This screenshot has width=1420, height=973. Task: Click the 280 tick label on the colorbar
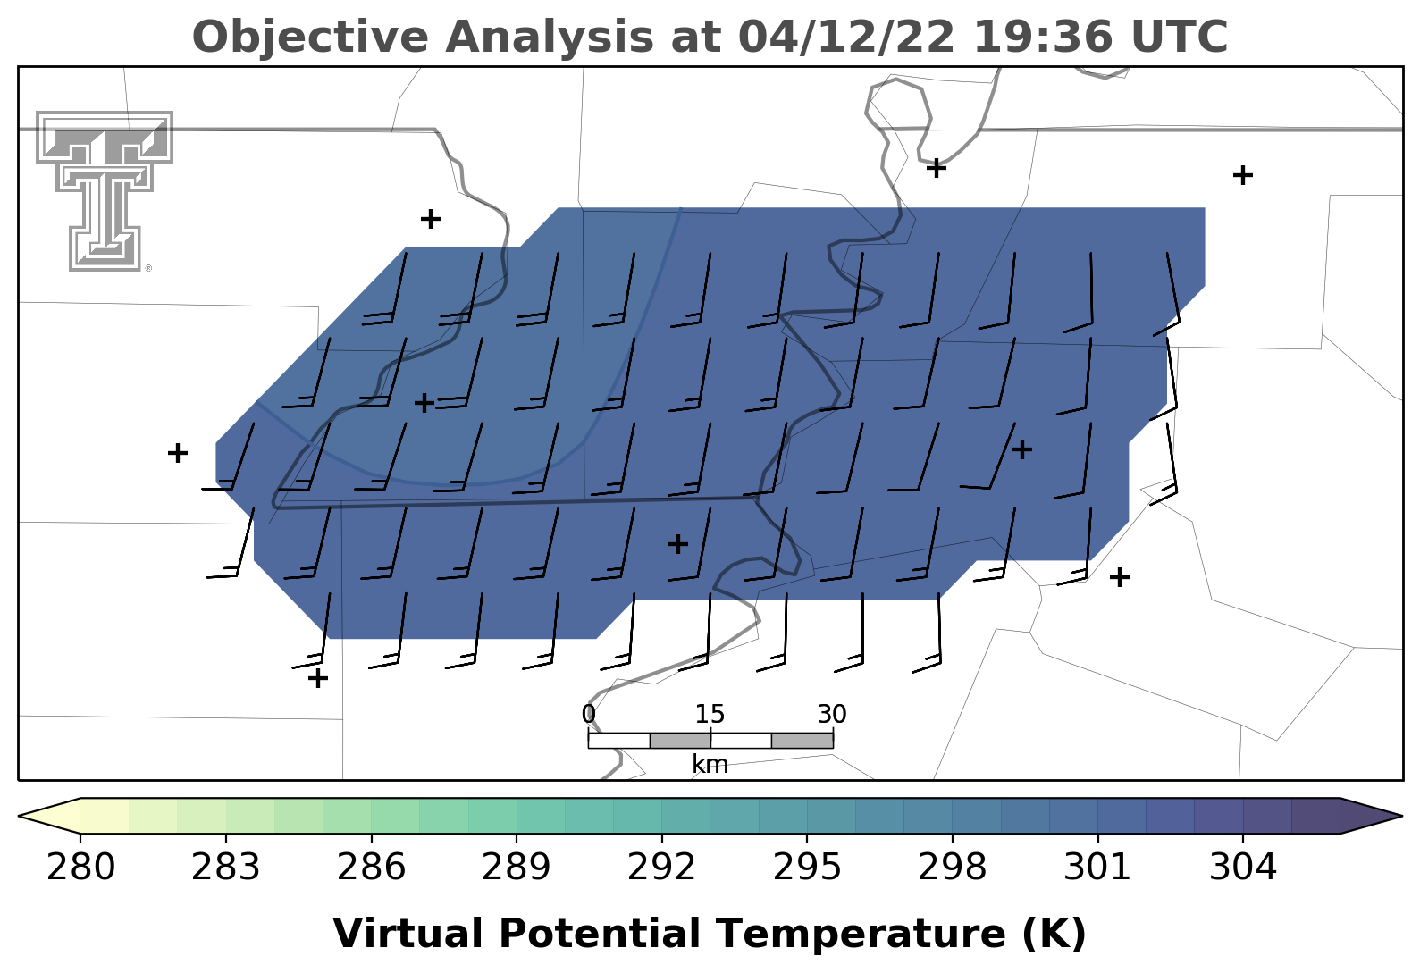click(80, 867)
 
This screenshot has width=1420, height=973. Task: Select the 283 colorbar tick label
click(226, 867)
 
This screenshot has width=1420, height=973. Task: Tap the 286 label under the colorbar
click(371, 867)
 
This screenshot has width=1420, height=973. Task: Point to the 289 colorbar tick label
click(516, 867)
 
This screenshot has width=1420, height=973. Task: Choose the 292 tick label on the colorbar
click(661, 867)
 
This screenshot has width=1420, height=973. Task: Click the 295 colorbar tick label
click(806, 867)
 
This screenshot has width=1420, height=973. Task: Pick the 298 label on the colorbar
click(952, 867)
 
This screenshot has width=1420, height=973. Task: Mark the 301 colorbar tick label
click(1097, 867)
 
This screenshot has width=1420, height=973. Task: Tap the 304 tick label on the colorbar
click(1242, 867)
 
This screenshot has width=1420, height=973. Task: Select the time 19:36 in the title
click(1044, 37)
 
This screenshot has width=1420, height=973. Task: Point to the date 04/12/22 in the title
click(847, 37)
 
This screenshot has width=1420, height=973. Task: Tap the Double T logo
click(105, 191)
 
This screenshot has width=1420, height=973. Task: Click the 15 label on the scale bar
click(710, 715)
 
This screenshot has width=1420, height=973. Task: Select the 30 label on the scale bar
click(832, 715)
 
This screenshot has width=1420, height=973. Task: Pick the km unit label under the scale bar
click(710, 765)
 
